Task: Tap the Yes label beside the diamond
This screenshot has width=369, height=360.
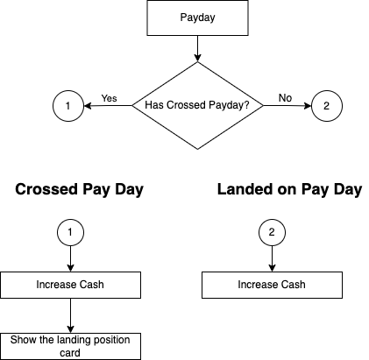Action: coord(110,97)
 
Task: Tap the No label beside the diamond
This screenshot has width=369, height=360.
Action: coord(285,97)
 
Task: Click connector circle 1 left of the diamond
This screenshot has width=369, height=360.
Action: coord(67,106)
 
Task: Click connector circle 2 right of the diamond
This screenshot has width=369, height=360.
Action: coord(327,106)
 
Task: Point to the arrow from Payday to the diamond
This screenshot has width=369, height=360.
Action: coord(197,48)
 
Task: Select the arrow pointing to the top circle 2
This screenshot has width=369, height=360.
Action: coord(289,106)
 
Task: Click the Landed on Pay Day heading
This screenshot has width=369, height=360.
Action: coord(289,190)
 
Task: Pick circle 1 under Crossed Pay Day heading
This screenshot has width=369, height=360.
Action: coord(69,233)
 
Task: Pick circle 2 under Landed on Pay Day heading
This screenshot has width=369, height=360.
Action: coord(273,233)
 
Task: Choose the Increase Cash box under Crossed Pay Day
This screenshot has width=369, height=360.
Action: coord(69,286)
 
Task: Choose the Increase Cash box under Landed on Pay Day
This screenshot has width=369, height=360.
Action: coord(273,286)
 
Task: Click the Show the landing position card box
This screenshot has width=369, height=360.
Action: coord(69,346)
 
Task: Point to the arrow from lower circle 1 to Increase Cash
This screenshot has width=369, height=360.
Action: coord(69,260)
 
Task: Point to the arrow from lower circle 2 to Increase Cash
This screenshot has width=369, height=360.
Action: coord(273,260)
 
